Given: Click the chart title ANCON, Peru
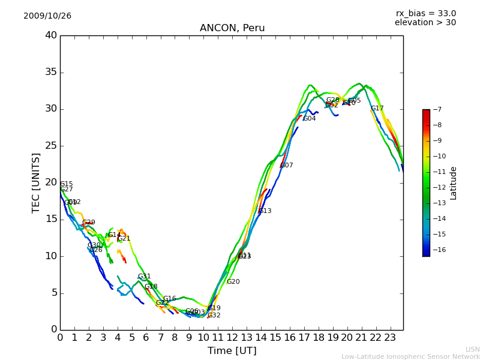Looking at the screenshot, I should (x=232, y=28).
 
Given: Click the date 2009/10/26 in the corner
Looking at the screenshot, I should (x=47, y=16).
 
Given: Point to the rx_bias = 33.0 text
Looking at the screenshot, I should (x=425, y=13).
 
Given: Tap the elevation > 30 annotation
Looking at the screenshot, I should (x=425, y=23).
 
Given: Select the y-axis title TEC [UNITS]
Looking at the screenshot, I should (x=36, y=182).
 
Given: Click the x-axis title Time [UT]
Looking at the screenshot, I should (x=232, y=350).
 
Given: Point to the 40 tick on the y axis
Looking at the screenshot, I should (x=51, y=35).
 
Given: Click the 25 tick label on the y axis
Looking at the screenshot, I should (x=51, y=146).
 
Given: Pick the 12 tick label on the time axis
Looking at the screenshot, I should (x=232, y=337).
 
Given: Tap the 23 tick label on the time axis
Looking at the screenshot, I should (x=390, y=337).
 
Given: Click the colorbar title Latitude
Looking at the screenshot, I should (x=454, y=183).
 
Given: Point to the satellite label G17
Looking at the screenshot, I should (x=377, y=109).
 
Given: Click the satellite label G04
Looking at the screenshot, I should (x=309, y=119).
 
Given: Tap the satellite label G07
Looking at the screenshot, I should (x=287, y=166).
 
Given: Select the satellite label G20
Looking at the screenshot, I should (x=233, y=282).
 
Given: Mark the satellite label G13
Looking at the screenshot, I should (x=265, y=211).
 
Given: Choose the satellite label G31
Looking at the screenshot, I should (x=144, y=277).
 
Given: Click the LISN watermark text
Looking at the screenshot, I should (x=473, y=349).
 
